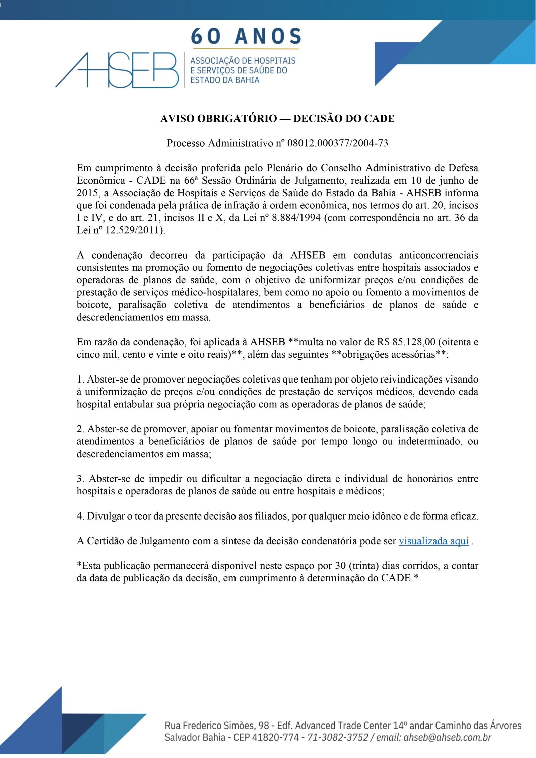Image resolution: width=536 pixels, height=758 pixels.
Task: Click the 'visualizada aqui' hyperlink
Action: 433,541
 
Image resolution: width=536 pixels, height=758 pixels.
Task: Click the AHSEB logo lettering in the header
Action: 117,70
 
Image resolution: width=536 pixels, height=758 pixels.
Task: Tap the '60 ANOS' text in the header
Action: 246,37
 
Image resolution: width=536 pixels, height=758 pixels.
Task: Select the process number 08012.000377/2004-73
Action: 338,143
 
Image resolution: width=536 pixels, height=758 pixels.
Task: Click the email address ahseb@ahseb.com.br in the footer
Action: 447,737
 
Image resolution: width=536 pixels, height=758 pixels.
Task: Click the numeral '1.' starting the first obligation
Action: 80,379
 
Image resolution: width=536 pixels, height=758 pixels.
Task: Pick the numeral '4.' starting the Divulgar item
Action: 80,516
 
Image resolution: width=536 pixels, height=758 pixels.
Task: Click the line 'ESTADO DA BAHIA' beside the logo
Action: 225,80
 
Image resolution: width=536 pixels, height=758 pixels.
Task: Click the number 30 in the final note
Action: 340,566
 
